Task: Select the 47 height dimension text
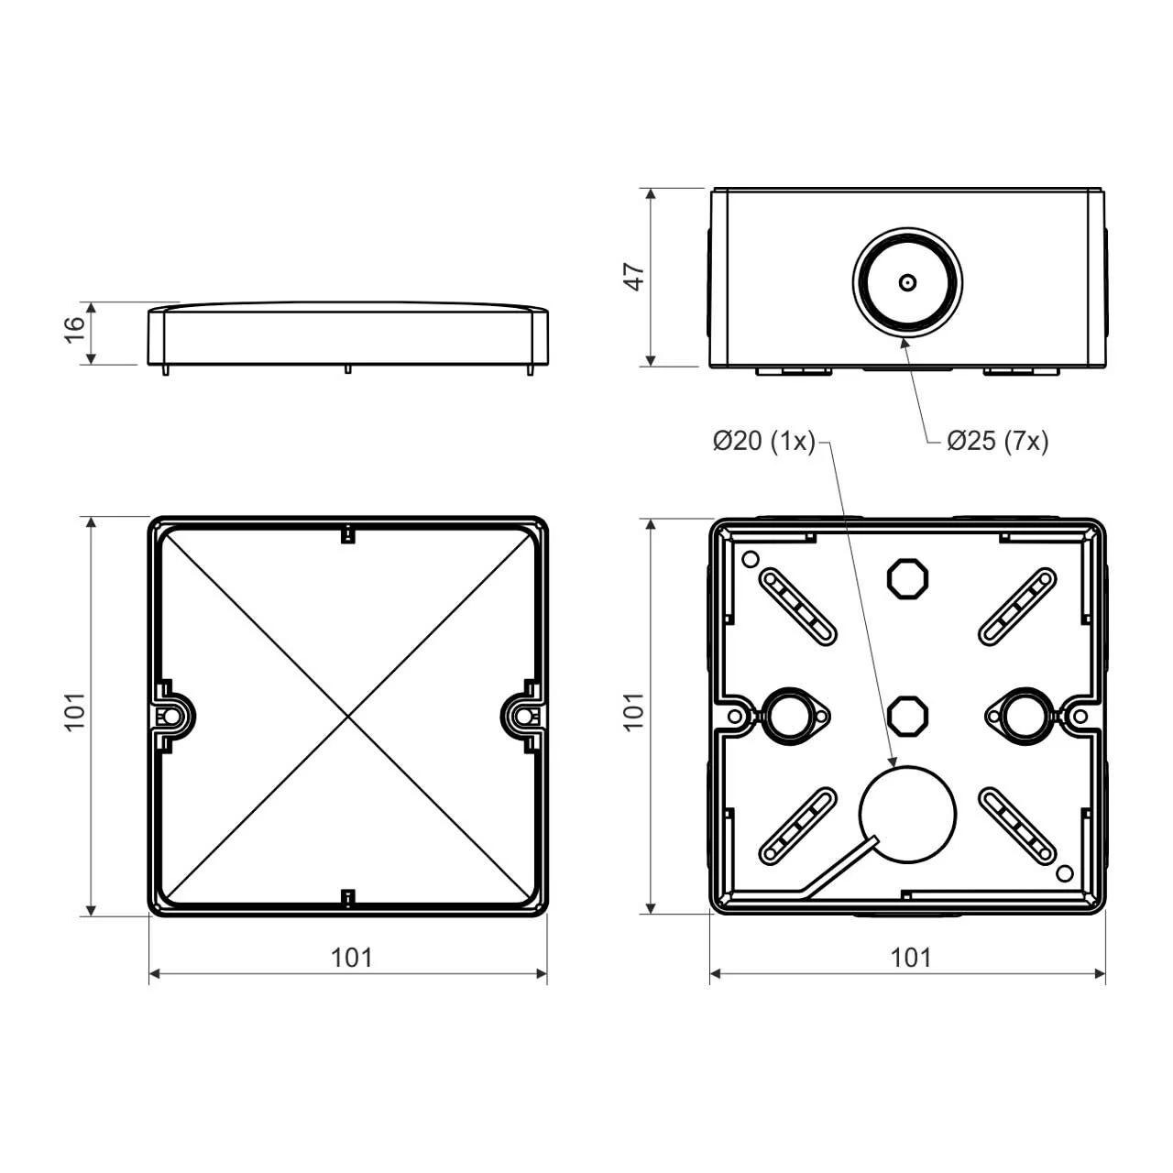(634, 277)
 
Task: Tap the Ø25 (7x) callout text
(997, 442)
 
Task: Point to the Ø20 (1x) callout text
(763, 442)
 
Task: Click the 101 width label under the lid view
(351, 958)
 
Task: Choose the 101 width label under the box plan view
(910, 958)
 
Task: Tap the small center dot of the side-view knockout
(907, 282)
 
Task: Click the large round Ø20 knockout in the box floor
(907, 814)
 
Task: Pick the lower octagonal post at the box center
(908, 713)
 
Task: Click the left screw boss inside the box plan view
(784, 714)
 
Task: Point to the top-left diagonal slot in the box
(797, 607)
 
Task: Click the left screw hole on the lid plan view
(170, 715)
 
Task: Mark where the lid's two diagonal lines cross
(347, 715)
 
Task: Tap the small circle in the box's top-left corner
(750, 559)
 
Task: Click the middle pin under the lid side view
(347, 368)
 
